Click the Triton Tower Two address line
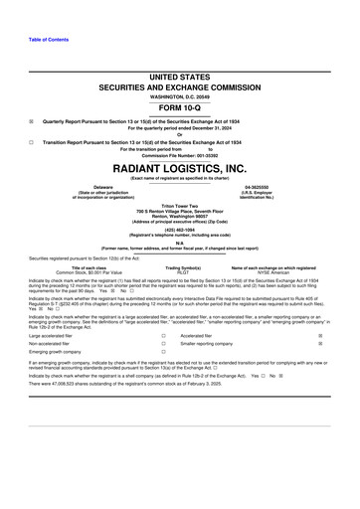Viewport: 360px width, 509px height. point(180,207)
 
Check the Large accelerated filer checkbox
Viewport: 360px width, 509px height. point(162,337)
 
